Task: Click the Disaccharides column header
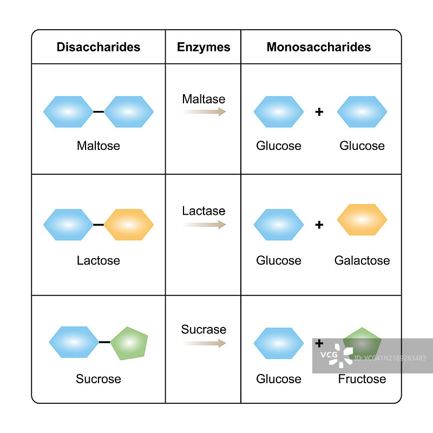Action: point(98,47)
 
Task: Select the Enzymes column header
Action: point(204,47)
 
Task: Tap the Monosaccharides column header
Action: point(319,47)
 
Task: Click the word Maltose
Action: point(98,146)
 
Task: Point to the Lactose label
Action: point(98,260)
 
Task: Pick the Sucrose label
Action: point(98,379)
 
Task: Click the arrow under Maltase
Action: point(204,112)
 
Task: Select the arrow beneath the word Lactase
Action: point(204,225)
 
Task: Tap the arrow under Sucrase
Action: point(204,343)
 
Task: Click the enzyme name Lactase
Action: point(204,211)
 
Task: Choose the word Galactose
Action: point(362,260)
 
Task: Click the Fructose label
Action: point(362,379)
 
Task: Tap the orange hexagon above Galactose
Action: point(362,220)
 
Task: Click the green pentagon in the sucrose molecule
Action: point(129,343)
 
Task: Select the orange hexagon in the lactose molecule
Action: point(129,225)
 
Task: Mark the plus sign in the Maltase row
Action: point(319,112)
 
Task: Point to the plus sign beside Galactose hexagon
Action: point(319,225)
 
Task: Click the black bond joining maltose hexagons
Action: point(98,112)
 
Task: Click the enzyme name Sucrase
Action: point(204,330)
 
